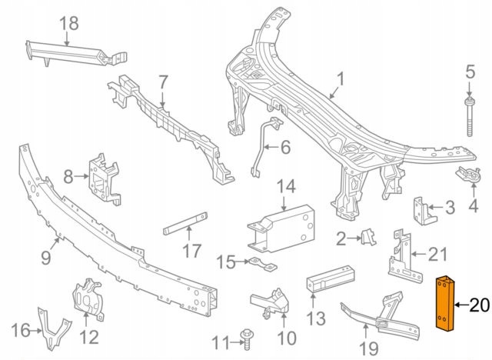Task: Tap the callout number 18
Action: point(69,23)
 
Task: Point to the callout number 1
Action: point(340,78)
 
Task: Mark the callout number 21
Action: point(436,253)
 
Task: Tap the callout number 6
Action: point(284,146)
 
